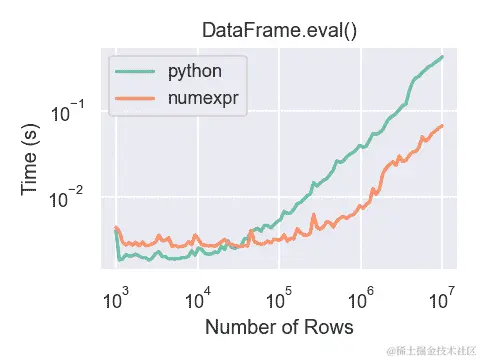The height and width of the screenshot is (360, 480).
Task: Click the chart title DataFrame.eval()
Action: tap(279, 30)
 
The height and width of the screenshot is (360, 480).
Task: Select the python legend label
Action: tap(195, 72)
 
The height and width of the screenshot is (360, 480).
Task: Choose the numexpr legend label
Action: tap(204, 99)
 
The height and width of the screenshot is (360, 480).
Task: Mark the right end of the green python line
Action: tap(442, 57)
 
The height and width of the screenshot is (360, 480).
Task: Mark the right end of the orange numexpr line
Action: tap(442, 126)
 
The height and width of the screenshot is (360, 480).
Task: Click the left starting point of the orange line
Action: tap(116, 228)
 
